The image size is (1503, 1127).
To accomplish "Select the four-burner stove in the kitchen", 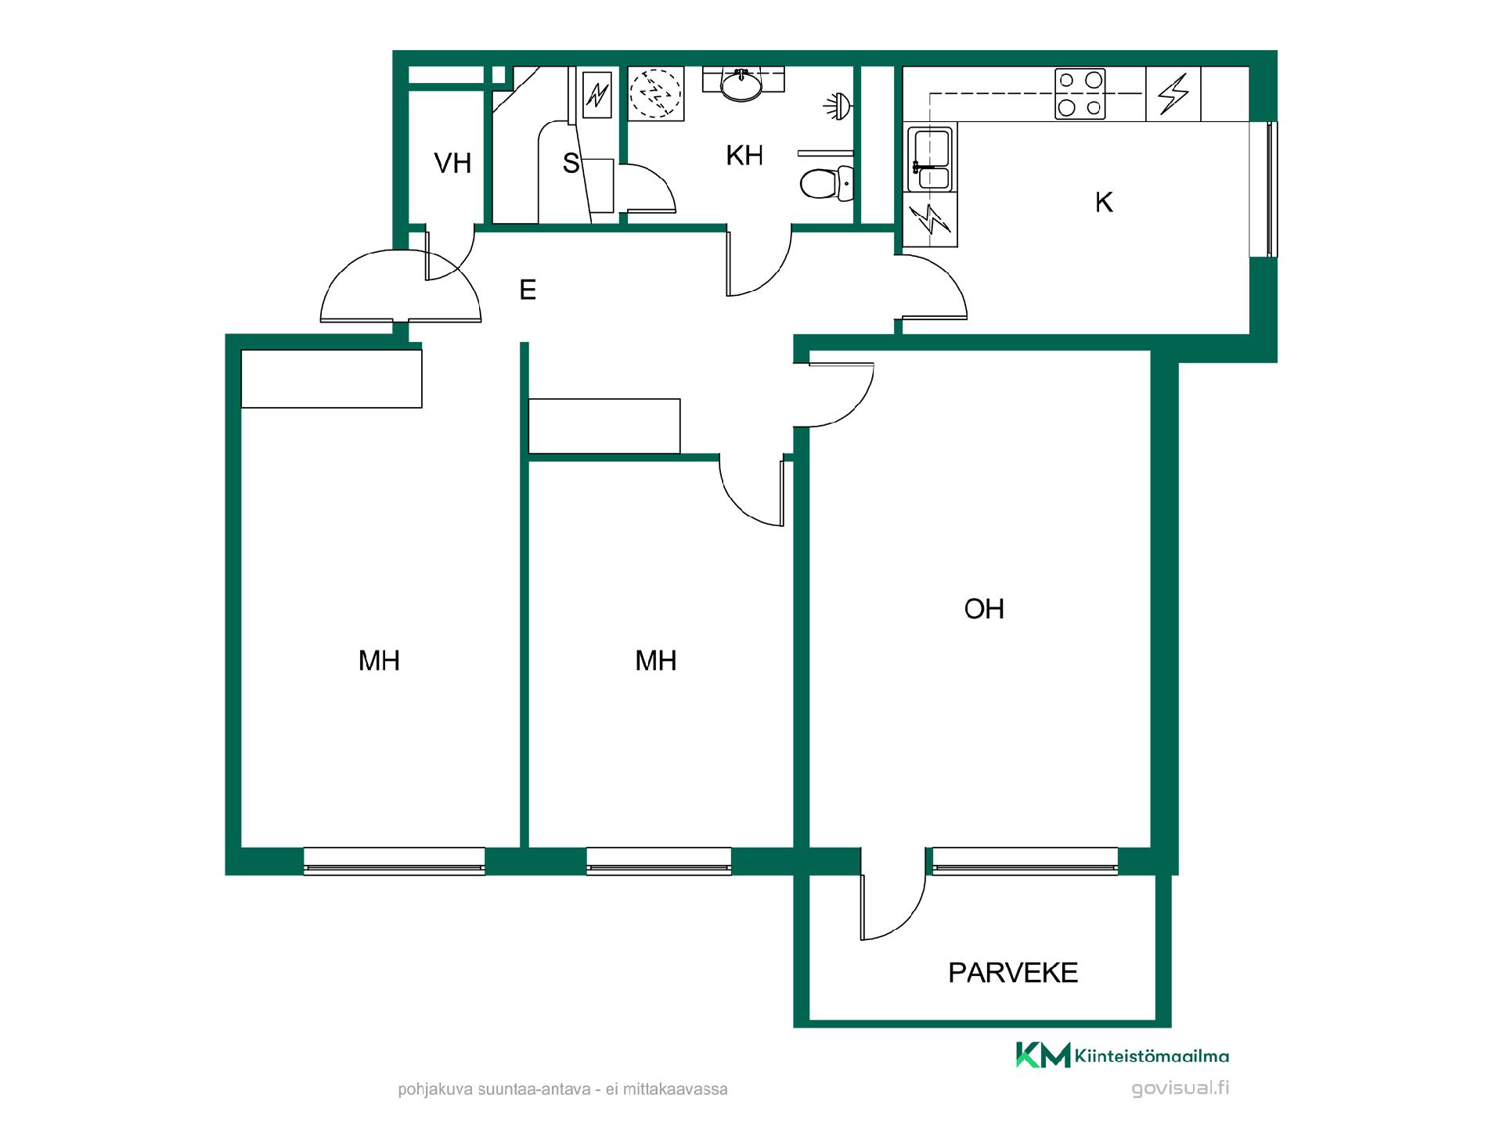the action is (1080, 94).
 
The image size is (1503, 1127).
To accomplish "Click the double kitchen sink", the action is (930, 159).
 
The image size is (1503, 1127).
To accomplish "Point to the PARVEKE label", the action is (1013, 973).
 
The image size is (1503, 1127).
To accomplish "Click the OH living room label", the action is (984, 609).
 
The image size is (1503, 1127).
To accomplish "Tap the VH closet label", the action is (452, 163).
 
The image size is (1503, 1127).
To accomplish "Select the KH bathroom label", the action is (744, 156).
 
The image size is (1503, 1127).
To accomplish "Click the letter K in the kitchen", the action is (1104, 203).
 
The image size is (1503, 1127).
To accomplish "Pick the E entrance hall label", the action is (528, 290).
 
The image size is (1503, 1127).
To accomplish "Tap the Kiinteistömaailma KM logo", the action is (1122, 1055).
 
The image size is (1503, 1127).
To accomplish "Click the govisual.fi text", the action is (1180, 1088).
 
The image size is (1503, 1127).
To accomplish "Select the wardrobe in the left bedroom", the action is (331, 379).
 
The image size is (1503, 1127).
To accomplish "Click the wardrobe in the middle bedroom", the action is (604, 426).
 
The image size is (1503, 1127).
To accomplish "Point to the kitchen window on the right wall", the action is (1263, 189).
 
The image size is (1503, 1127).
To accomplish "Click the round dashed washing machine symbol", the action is (655, 93).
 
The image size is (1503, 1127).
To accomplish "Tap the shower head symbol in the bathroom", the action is (838, 105).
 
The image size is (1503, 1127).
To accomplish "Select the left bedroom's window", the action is (394, 861).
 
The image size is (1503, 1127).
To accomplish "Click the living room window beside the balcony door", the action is (1025, 861).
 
